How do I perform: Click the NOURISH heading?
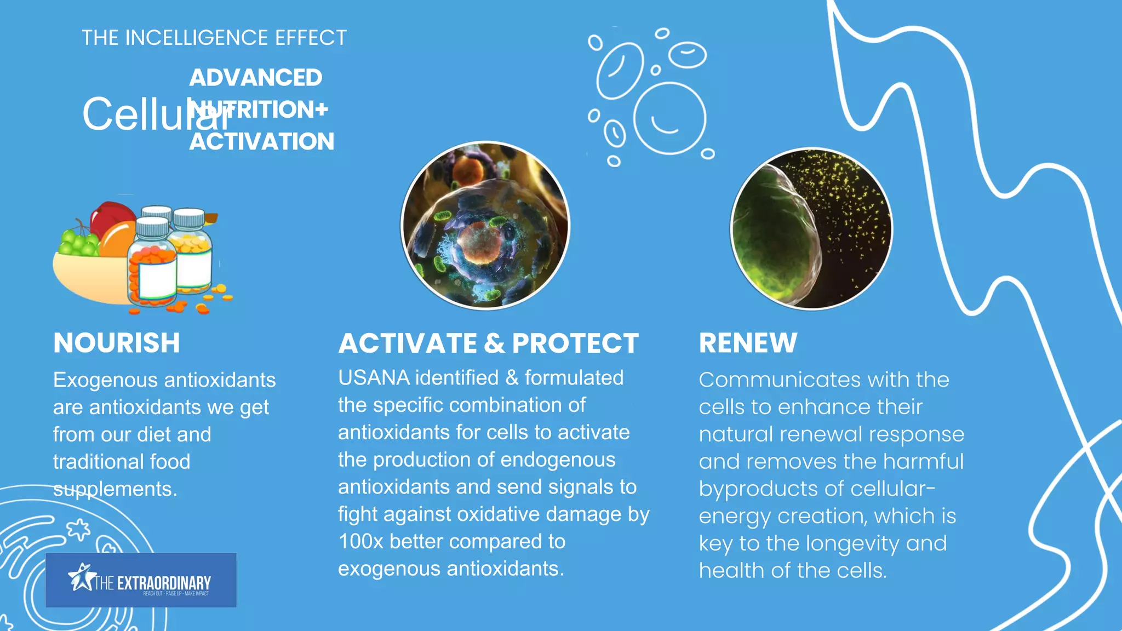pyautogui.click(x=117, y=343)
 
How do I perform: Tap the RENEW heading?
pyautogui.click(x=748, y=343)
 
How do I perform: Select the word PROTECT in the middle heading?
pyautogui.click(x=575, y=343)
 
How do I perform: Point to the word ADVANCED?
pyautogui.click(x=256, y=78)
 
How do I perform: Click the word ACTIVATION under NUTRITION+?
pyautogui.click(x=262, y=142)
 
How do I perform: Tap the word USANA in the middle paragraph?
pyautogui.click(x=374, y=378)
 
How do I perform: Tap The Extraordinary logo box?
pyautogui.click(x=141, y=580)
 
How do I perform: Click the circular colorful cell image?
pyautogui.click(x=485, y=226)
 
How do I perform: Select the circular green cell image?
pyautogui.click(x=812, y=228)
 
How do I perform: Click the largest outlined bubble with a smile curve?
pyautogui.click(x=669, y=118)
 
